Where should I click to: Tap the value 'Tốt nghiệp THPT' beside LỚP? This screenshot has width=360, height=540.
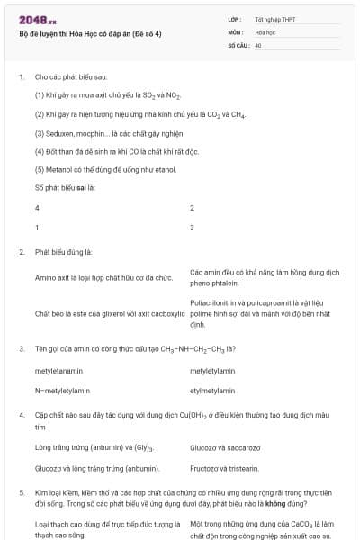pos(275,19)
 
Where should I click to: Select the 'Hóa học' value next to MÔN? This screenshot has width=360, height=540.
pos(265,31)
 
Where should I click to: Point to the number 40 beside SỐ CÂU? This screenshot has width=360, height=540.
pos(258,44)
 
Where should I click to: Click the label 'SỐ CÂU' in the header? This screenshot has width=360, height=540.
pos(238,44)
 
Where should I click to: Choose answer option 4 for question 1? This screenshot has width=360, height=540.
pos(37,208)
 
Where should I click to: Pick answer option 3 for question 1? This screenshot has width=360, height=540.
pos(193,228)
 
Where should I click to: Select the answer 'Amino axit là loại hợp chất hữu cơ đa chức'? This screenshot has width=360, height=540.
pos(103,278)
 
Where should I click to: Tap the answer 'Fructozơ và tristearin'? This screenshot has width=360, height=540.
pos(224,468)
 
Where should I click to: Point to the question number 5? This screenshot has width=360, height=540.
pos(21,493)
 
